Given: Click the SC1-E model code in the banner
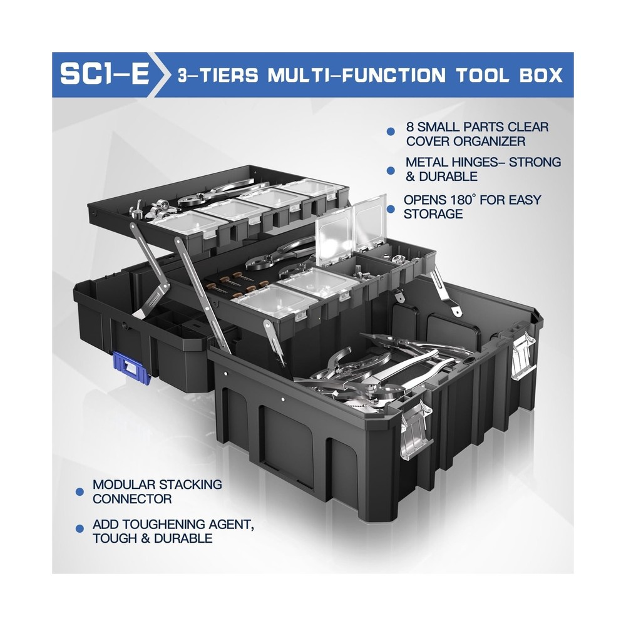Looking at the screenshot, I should [105, 75].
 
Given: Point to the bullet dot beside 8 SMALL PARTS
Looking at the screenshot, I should [391, 131].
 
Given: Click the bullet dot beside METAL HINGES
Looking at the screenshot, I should [391, 170].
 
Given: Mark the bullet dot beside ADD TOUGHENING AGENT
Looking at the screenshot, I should [80, 530].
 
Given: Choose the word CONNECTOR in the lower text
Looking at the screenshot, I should [132, 499].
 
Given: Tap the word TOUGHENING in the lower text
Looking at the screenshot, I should [162, 523].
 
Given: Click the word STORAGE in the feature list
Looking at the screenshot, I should [433, 215].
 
